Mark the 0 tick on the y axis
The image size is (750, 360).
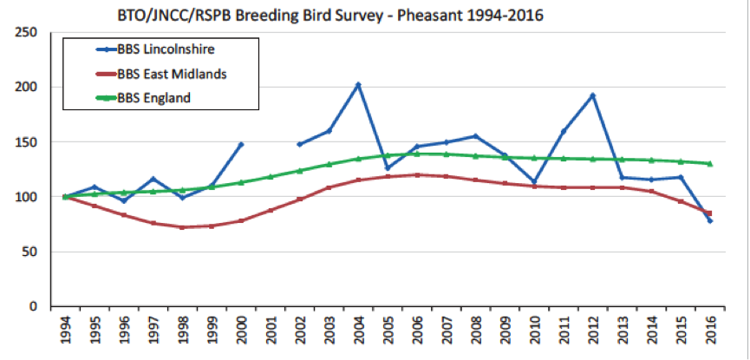click(33, 307)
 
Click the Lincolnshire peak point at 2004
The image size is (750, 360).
click(358, 85)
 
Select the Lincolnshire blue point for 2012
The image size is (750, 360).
click(593, 95)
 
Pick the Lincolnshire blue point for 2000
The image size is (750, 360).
click(240, 145)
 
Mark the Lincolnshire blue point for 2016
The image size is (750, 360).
click(710, 221)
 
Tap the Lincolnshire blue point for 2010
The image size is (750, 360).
click(534, 182)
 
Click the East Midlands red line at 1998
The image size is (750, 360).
click(181, 227)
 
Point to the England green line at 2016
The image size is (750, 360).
click(710, 164)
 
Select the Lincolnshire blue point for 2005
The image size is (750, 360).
click(387, 167)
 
